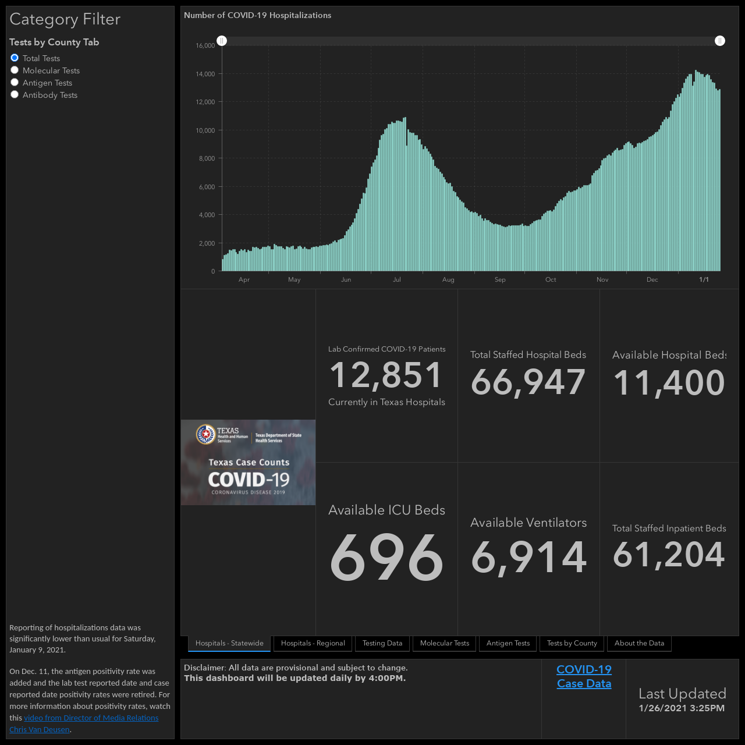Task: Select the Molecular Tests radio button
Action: click(x=15, y=70)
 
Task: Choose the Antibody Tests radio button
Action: click(x=15, y=94)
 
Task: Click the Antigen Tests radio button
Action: click(x=15, y=82)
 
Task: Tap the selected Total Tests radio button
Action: click(x=15, y=58)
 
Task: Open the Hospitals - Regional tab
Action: click(x=313, y=643)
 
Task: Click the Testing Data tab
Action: click(x=382, y=643)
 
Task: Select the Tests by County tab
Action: click(x=572, y=643)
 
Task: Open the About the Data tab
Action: click(x=639, y=643)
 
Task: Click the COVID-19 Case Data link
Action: click(x=584, y=676)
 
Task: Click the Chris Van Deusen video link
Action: click(x=84, y=723)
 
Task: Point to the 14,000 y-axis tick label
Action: click(x=205, y=74)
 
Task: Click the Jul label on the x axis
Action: click(x=397, y=279)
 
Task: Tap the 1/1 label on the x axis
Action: click(x=704, y=279)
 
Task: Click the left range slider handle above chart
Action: click(x=222, y=41)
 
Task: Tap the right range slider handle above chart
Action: click(x=719, y=41)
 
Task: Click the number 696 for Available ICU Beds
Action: click(x=386, y=556)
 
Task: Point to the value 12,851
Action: click(x=385, y=375)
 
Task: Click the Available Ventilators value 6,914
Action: click(x=528, y=557)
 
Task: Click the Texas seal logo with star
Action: click(x=205, y=434)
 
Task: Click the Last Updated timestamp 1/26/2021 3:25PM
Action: click(x=682, y=708)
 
